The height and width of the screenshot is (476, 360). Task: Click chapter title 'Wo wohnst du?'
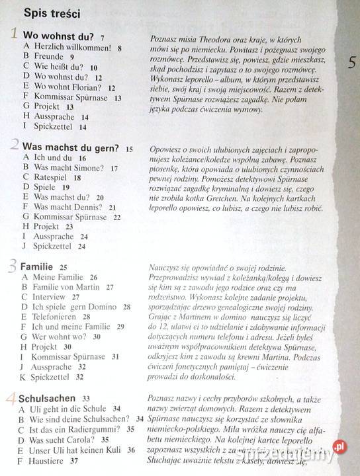(59, 36)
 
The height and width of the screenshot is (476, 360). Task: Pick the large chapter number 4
(13, 398)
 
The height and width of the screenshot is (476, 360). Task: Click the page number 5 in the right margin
(352, 63)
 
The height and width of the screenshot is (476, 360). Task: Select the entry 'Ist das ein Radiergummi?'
(77, 429)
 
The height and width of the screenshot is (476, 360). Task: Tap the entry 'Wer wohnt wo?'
(61, 337)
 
